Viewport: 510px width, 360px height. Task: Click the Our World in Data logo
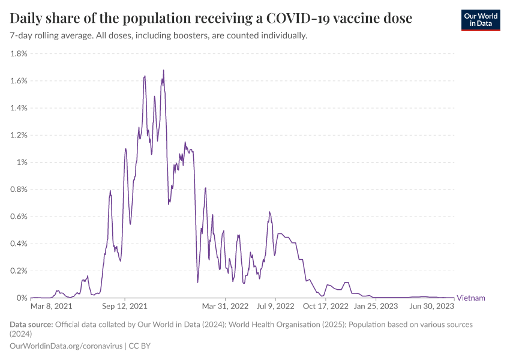(481, 20)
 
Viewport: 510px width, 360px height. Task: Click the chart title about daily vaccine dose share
(211, 19)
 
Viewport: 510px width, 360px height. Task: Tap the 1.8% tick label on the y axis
(19, 53)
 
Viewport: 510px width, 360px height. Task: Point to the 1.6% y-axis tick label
(19, 81)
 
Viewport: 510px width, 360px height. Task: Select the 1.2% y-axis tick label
(19, 135)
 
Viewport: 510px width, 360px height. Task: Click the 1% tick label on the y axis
(22, 163)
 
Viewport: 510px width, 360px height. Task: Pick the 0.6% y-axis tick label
(19, 217)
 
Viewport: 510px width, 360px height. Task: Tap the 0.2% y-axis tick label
(19, 271)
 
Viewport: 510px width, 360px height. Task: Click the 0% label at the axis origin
(22, 298)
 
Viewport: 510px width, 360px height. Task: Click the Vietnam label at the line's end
(471, 298)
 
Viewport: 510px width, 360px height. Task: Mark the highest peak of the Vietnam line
(163, 70)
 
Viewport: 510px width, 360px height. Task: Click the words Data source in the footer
(31, 325)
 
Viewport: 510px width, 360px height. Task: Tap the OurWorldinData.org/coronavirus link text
(66, 346)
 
